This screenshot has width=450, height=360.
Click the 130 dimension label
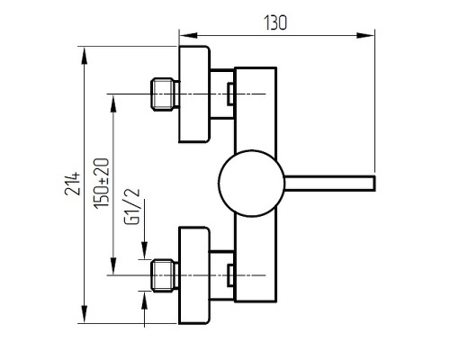point(275,22)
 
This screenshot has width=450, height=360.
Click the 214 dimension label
point(73,184)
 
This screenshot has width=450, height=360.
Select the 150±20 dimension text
point(102,183)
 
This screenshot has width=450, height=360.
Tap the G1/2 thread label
point(132,206)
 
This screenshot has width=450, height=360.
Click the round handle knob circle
point(251,183)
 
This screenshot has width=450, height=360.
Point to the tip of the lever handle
point(374,183)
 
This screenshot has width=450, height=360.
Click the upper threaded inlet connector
point(165,94)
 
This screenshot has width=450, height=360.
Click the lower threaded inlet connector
point(165,275)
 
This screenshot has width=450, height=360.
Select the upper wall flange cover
point(194,94)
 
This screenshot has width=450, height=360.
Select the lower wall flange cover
point(194,275)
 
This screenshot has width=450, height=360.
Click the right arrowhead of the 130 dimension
point(365,35)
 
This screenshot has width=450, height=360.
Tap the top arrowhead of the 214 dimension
point(85,56)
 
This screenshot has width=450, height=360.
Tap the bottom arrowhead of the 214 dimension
point(85,314)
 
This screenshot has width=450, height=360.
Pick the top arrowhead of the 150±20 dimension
point(113,103)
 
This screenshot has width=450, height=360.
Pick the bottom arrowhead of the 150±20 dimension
point(113,266)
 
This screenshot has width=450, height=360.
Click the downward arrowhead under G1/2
point(145,250)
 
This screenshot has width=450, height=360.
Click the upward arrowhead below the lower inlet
point(145,300)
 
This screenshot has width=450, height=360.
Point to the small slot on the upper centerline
point(230,94)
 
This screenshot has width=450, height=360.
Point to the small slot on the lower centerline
point(230,275)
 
